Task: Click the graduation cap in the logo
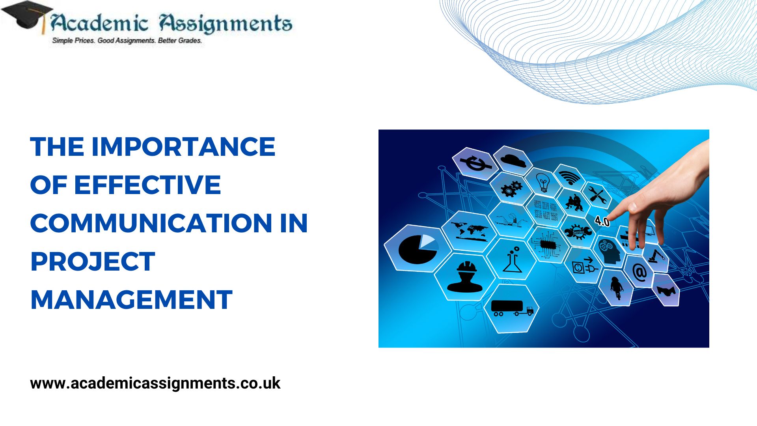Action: pos(27,16)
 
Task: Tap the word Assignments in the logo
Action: pos(226,24)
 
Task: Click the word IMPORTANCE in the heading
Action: pos(183,147)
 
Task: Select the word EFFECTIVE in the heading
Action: pos(147,185)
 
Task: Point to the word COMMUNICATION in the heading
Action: pos(151,223)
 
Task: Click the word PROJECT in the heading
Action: pos(93,262)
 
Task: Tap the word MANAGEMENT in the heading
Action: pos(131,300)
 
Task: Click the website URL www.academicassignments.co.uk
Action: pos(155,383)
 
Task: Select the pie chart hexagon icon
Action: pos(418,248)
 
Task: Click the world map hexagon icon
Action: pos(469,232)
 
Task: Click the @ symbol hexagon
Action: pos(639,271)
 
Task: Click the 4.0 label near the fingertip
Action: pos(602,221)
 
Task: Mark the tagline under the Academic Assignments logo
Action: pos(127,40)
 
